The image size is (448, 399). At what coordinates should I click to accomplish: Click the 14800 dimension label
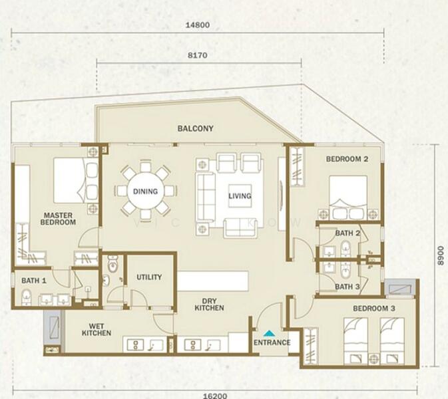tap(197, 25)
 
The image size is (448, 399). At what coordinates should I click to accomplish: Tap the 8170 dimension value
tap(198, 56)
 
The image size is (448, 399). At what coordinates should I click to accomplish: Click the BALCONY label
tap(195, 128)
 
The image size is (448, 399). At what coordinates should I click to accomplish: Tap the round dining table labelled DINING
tap(145, 192)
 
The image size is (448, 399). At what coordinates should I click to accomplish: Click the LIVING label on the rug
tap(240, 196)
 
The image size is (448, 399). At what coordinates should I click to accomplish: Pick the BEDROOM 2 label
tap(347, 159)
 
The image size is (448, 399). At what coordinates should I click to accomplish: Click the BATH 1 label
tap(33, 281)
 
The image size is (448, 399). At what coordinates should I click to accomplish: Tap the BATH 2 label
tap(347, 233)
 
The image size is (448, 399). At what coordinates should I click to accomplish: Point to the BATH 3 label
tap(347, 287)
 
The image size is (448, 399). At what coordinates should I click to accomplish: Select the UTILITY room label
tap(148, 277)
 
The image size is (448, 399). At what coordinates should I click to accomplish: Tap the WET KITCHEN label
tap(97, 329)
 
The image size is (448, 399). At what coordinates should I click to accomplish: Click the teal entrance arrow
tap(269, 333)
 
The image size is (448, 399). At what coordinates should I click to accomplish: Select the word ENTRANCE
tap(272, 343)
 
